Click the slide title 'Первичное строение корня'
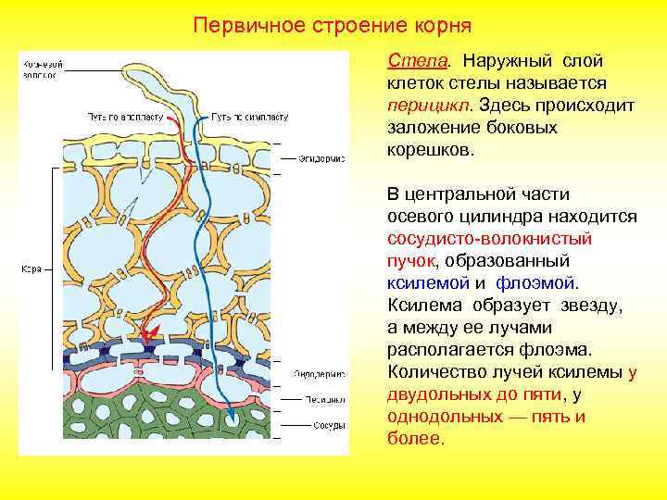333,22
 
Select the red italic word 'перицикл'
422,105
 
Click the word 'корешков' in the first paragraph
430,149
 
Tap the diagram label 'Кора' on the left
30,269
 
